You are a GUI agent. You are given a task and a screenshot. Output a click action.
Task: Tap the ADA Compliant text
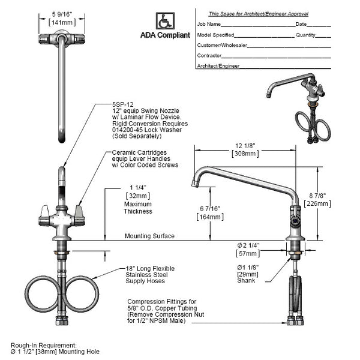[x=165, y=35]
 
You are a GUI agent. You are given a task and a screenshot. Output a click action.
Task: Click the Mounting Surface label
[x=149, y=236]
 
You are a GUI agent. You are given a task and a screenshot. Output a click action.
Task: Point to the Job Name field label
[x=209, y=25]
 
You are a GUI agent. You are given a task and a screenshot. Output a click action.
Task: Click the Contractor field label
[x=209, y=55]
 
